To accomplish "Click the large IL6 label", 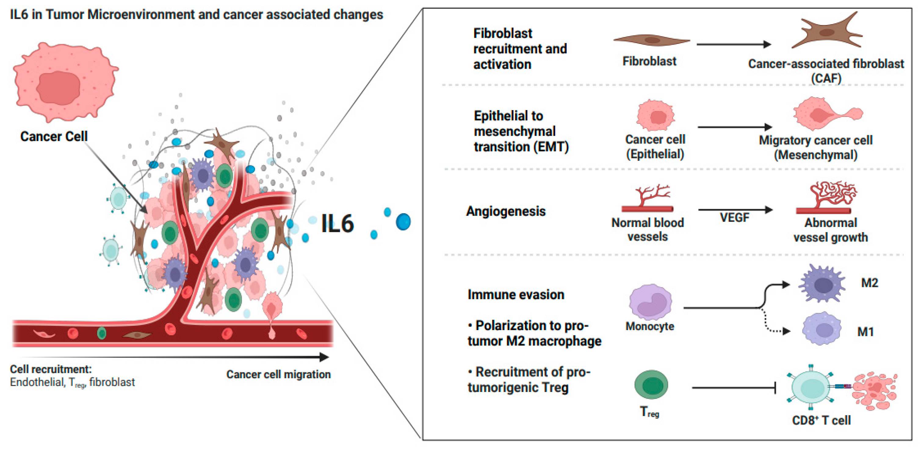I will click(x=337, y=223).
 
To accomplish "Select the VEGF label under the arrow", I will click(x=734, y=217).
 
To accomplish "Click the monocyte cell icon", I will click(x=650, y=302).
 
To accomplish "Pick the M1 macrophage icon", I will click(x=821, y=329).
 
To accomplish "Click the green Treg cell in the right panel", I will click(x=651, y=385).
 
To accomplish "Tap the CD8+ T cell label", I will click(x=821, y=420).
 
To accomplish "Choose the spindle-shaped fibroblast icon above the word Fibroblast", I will click(x=652, y=40).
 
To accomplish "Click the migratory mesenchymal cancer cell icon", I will click(x=826, y=114).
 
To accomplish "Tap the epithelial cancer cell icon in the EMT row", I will click(x=656, y=116).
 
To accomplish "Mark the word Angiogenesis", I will click(x=506, y=211).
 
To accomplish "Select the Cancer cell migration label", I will click(x=278, y=374).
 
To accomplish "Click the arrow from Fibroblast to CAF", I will click(x=733, y=44).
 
